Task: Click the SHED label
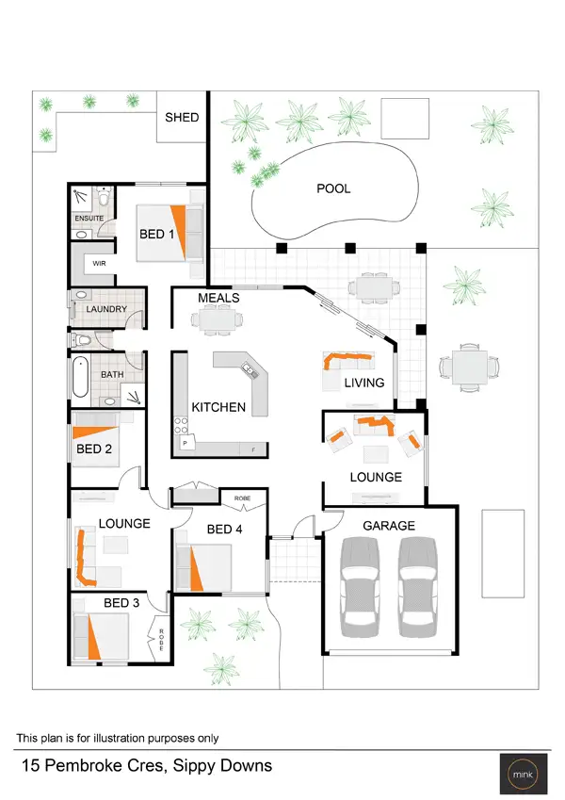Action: click(182, 117)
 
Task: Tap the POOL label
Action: click(332, 188)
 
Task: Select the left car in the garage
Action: click(361, 582)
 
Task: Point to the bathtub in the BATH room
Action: click(79, 381)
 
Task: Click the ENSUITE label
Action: click(89, 219)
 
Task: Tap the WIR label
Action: click(98, 265)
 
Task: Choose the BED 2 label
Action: click(94, 449)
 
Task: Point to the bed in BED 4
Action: click(207, 568)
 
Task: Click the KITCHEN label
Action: click(218, 407)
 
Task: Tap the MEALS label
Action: click(218, 298)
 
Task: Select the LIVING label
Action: click(364, 383)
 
